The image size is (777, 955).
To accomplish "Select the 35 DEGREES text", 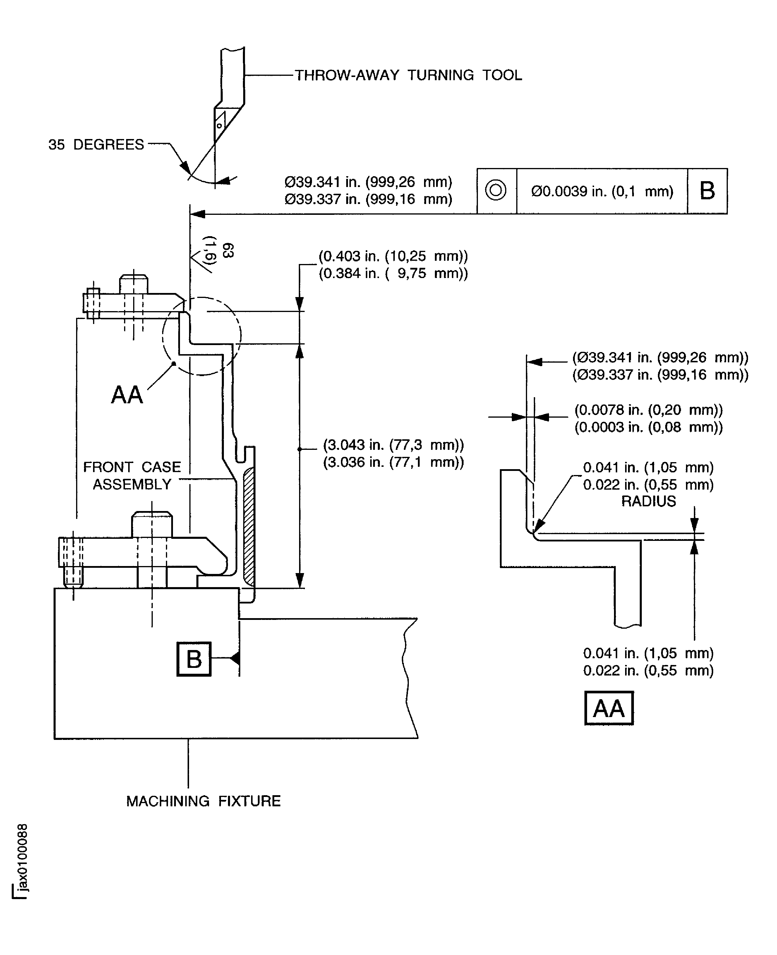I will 96,145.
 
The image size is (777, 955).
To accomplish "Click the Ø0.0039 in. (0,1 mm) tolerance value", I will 602,191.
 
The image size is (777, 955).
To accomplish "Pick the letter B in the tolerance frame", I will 707,191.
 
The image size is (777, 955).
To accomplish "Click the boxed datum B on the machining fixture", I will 193,659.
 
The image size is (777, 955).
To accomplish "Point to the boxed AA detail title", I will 609,708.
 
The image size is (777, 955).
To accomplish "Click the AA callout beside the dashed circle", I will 127,395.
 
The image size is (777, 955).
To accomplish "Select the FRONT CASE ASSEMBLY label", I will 132,475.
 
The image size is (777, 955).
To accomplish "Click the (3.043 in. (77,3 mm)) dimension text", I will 393,445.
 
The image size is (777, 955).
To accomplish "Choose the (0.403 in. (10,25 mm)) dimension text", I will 393,256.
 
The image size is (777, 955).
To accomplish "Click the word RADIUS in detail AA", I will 648,501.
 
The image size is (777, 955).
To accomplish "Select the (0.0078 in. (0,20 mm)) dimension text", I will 648,410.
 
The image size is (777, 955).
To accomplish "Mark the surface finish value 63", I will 228,251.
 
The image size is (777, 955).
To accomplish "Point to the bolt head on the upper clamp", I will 133,284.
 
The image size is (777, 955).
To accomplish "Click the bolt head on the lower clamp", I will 152,524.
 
